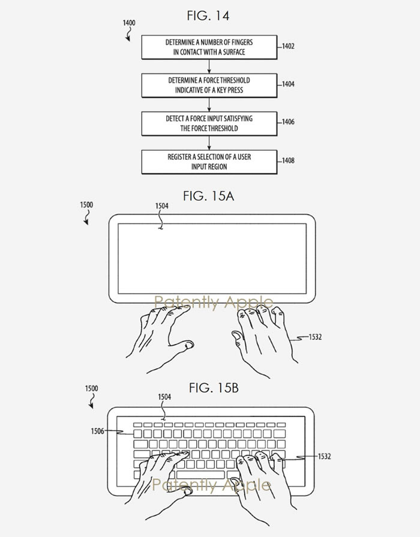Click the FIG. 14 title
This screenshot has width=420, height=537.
tap(208, 16)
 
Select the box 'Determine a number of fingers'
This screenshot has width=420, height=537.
tap(209, 47)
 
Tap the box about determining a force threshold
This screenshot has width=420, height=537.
tap(209, 85)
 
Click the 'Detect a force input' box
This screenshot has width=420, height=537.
tap(209, 124)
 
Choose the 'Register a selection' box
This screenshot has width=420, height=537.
tap(209, 162)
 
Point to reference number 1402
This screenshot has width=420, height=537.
tap(287, 46)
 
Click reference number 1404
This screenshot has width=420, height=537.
tap(287, 84)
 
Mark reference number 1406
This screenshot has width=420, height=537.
tap(287, 122)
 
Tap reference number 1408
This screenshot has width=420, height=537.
tap(287, 160)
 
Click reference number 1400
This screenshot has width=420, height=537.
tap(129, 23)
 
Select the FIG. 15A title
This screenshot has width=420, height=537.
tap(208, 196)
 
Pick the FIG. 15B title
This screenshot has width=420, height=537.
tap(214, 388)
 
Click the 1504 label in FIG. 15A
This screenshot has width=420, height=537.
tap(161, 206)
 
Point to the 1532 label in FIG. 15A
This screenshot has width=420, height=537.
tap(315, 337)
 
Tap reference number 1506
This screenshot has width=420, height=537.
tap(98, 431)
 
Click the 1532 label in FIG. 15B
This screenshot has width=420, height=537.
tap(324, 457)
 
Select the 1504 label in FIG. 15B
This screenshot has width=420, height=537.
tap(164, 397)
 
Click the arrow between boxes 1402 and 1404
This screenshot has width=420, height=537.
tap(209, 67)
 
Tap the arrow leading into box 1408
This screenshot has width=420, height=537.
tap(209, 143)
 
